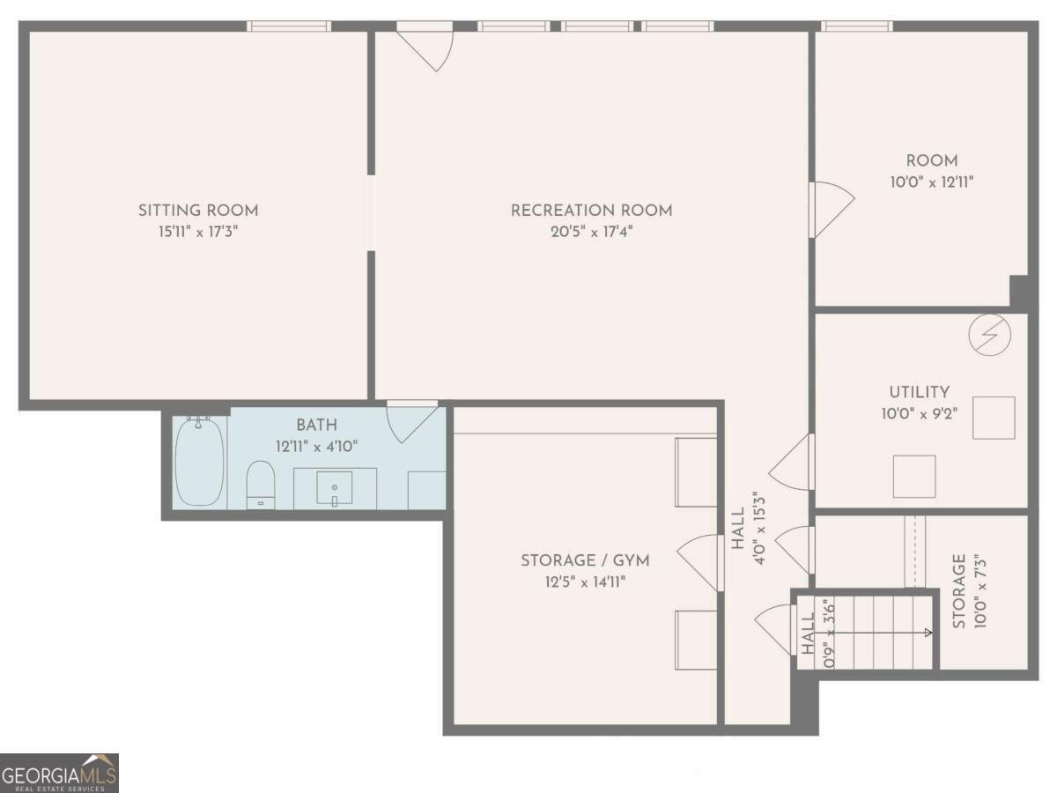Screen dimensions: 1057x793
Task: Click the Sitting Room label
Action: point(198,211)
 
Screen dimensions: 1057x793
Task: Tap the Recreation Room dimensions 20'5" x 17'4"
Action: point(591,232)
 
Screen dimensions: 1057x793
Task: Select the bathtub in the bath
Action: point(199,462)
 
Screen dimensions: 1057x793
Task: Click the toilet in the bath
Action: point(260,485)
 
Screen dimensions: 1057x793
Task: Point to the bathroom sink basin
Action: point(334,488)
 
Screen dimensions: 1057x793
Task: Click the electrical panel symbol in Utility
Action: point(989,335)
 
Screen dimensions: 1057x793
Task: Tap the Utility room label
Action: point(920,392)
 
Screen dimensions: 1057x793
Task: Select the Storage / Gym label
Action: point(585,560)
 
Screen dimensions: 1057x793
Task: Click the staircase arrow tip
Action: point(931,633)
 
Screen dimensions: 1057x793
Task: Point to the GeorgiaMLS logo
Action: point(59,773)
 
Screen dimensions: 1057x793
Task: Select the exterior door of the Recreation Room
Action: point(425,47)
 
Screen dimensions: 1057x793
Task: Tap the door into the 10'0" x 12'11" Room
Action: point(832,210)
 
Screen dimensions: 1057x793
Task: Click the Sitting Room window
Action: point(289,26)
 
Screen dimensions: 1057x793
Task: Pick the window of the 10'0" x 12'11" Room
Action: point(856,26)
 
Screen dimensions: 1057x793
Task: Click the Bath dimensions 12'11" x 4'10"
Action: point(316,447)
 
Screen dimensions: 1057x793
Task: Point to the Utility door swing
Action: point(791,463)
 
